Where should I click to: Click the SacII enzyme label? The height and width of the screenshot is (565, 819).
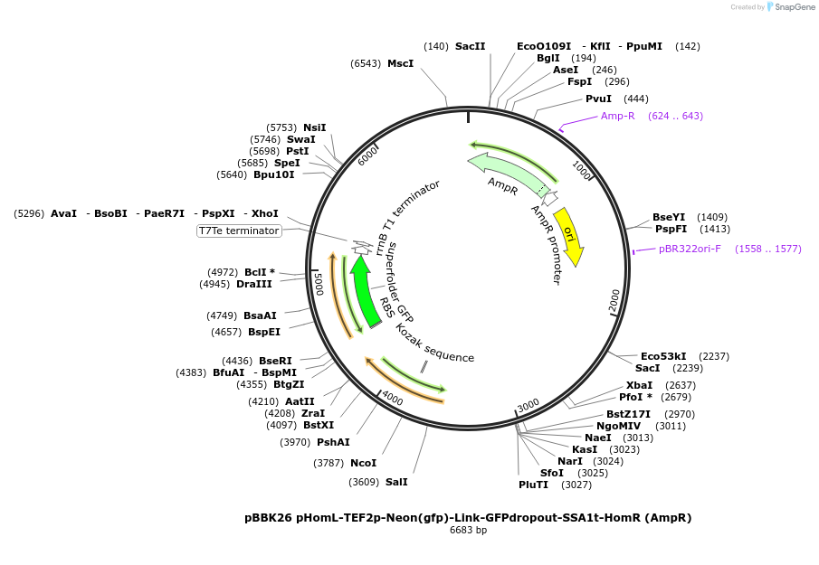(470, 46)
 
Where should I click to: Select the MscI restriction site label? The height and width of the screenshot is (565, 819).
(400, 63)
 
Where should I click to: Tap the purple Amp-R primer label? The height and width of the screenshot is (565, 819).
(618, 116)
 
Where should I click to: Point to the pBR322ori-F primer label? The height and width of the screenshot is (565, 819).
(690, 249)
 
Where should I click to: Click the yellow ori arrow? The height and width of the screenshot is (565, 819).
(569, 237)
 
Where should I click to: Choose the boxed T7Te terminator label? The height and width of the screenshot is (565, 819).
(239, 231)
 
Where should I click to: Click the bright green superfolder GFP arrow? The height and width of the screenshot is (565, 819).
(365, 289)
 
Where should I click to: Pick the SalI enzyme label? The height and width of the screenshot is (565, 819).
(396, 482)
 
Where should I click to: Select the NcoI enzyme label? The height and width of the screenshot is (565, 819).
(363, 463)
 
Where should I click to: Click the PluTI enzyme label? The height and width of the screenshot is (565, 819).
(533, 485)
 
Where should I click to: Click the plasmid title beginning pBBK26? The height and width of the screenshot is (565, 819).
(468, 518)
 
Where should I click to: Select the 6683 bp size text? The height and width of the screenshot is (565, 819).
(468, 531)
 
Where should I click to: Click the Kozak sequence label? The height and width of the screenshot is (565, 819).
(434, 344)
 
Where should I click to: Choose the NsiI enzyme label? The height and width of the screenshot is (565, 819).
(315, 127)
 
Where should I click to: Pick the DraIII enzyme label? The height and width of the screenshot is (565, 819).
(254, 284)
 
